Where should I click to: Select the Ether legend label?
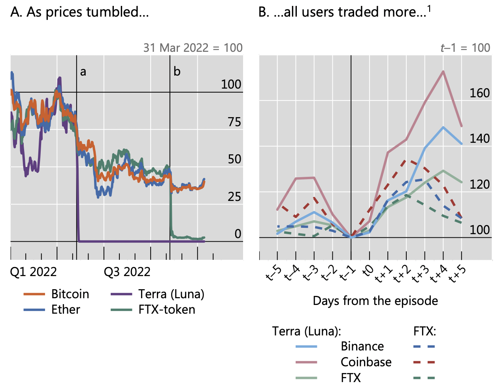tap(66, 309)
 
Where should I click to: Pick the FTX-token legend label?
tap(167, 309)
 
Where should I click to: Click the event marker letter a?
tap(83, 72)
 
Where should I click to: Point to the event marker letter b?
tap(177, 72)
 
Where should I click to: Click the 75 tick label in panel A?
tap(234, 122)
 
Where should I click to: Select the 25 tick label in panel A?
tap(234, 197)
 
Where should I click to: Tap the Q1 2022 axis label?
tap(34, 272)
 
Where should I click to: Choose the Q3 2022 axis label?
tap(127, 272)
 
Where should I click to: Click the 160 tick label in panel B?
tap(479, 93)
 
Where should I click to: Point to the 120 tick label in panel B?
tap(479, 185)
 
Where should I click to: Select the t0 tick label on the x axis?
tap(368, 271)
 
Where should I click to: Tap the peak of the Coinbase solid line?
tap(443, 72)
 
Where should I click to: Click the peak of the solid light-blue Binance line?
tap(443, 127)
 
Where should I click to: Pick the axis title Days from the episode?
tap(375, 301)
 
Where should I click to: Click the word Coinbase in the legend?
tap(366, 362)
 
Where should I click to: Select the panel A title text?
tap(80, 12)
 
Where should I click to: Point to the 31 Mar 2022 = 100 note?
tap(193, 48)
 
